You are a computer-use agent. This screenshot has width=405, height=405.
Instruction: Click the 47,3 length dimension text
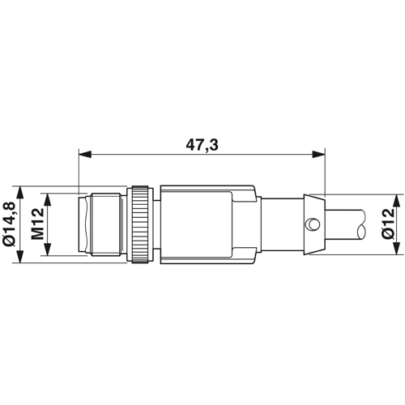tap(202, 145)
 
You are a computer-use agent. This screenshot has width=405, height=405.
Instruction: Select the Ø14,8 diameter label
tap(10, 224)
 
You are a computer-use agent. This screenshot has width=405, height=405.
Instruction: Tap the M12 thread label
tap(37, 224)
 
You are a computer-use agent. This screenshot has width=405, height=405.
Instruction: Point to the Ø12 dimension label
tap(388, 224)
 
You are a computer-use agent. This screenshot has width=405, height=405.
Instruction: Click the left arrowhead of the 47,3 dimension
tap(84, 155)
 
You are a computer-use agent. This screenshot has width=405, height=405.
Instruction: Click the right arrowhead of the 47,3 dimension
tap(319, 155)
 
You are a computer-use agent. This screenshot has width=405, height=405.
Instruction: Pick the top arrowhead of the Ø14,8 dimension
tap(20, 192)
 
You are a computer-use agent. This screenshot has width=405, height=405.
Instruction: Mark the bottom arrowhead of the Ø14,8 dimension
tap(20, 256)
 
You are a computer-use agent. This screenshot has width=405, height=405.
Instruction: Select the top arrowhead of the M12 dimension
tap(48, 200)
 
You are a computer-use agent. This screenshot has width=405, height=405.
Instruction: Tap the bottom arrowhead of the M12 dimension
tap(48, 249)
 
